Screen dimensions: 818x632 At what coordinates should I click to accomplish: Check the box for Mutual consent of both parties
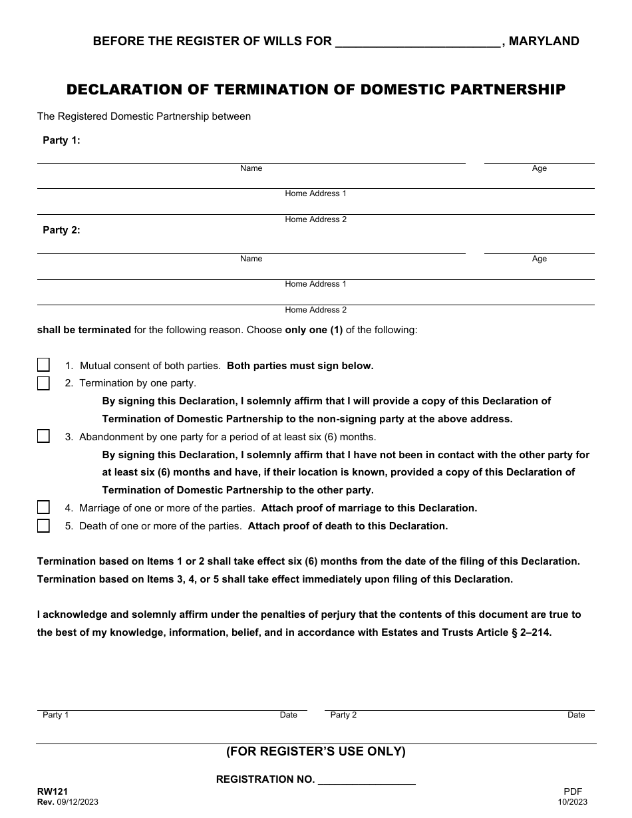43,365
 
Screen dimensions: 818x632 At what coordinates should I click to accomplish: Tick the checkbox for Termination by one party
43,383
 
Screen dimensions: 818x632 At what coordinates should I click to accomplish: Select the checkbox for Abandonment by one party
43,436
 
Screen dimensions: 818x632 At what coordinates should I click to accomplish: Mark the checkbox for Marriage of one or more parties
43,507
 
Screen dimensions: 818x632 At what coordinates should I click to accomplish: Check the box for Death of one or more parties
43,525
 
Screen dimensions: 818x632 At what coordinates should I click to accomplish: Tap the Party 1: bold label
61,140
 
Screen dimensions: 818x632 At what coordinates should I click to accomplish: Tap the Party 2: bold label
61,230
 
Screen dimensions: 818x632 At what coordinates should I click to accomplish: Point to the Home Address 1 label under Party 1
315,194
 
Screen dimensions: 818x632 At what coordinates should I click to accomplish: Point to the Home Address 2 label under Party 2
315,310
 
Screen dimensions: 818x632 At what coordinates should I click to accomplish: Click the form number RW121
52,791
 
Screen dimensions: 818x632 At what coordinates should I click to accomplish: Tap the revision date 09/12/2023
77,802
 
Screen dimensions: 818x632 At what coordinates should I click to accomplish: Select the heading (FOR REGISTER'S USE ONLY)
315,751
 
